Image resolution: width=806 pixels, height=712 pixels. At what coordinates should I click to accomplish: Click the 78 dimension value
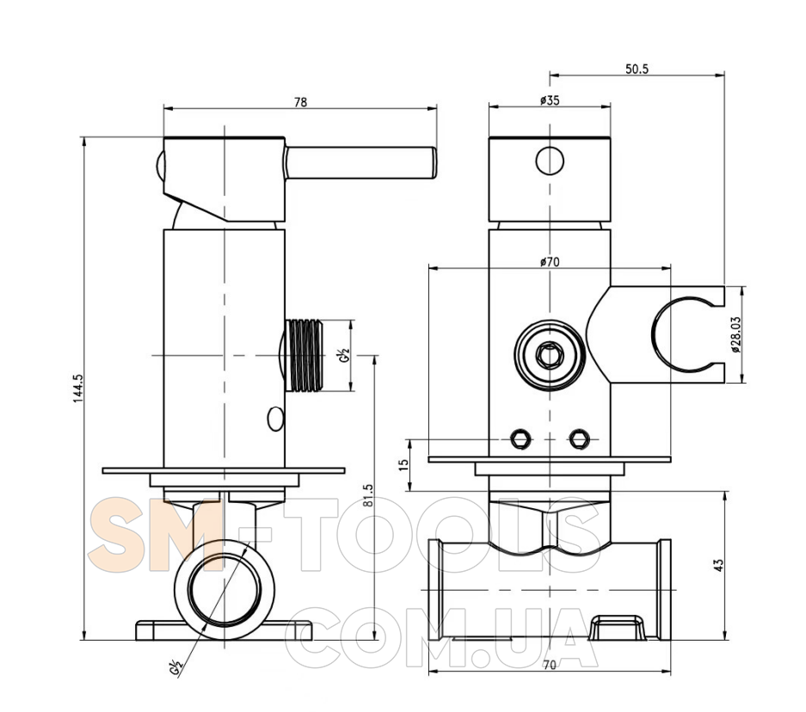coord(300,102)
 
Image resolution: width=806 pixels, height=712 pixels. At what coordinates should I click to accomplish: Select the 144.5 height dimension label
coord(77,387)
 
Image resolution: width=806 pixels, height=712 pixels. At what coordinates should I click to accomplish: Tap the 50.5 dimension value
coord(637,69)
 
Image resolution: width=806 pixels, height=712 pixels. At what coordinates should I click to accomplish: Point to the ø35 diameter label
coord(550,100)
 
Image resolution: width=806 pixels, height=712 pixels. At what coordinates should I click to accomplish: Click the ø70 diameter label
coord(550,262)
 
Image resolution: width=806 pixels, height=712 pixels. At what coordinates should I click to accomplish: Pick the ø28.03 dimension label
coord(736,334)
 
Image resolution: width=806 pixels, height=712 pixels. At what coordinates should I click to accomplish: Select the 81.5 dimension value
coord(368,495)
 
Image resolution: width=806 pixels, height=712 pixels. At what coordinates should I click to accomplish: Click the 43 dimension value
coord(718,565)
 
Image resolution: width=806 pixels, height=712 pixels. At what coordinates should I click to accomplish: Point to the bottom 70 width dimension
coord(550,666)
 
